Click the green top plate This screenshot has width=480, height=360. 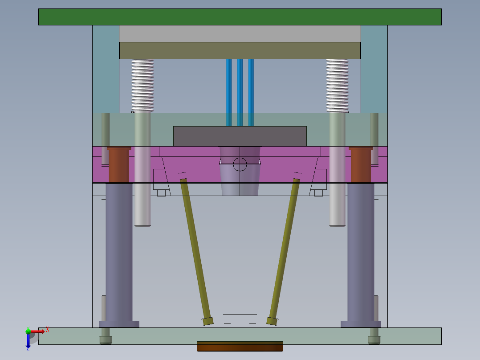(x=240, y=17)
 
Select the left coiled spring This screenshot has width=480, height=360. (x=142, y=85)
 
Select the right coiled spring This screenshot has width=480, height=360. (x=337, y=85)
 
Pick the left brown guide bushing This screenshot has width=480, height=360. (x=118, y=166)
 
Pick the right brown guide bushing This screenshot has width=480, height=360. (x=361, y=166)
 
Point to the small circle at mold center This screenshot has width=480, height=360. (x=240, y=164)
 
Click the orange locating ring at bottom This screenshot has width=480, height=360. (x=240, y=346)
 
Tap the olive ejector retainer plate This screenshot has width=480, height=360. (x=240, y=50)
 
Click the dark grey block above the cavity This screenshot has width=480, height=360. (x=240, y=136)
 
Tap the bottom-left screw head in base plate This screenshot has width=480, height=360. (x=106, y=340)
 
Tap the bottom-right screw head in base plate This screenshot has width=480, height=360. (x=374, y=340)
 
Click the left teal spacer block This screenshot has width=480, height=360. (x=106, y=69)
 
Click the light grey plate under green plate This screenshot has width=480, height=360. (x=240, y=33)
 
